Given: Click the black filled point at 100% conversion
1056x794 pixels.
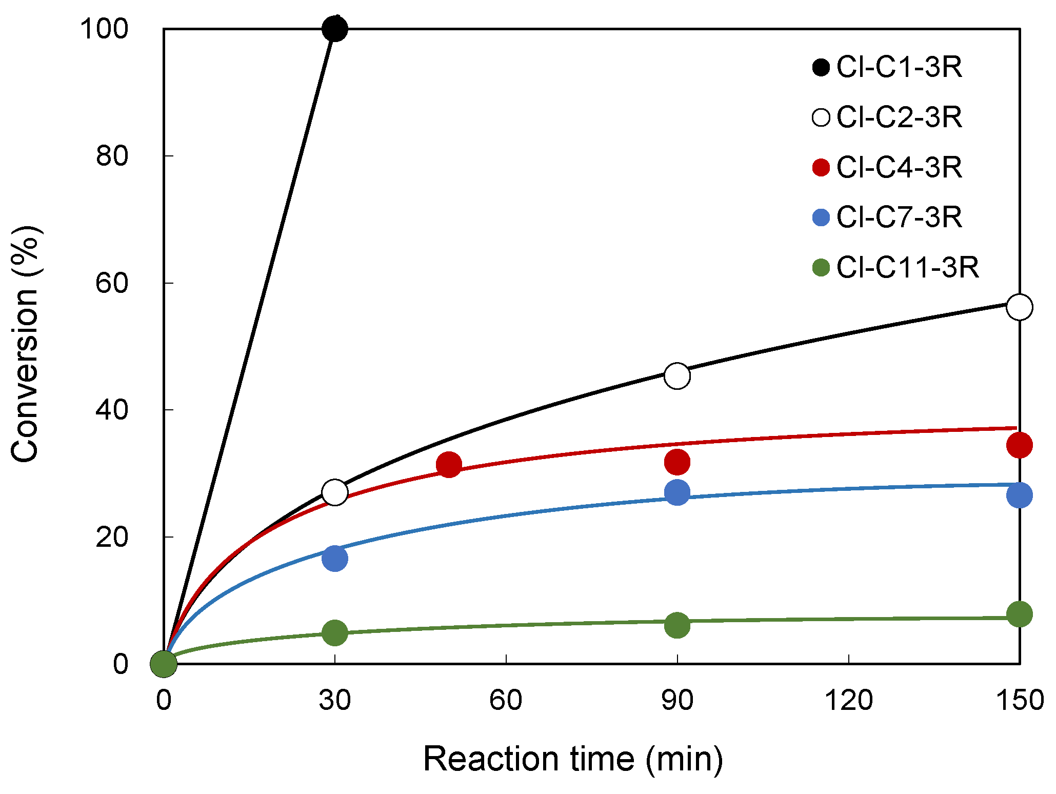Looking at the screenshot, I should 335,29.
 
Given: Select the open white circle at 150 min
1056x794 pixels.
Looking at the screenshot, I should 1019,307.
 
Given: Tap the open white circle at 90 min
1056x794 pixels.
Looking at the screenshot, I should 677,376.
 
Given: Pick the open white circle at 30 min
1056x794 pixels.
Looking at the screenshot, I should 335,492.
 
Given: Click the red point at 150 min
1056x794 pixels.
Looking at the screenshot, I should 1019,445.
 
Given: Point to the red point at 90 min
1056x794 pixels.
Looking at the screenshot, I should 677,462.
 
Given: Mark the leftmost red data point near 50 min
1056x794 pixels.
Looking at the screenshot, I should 449,465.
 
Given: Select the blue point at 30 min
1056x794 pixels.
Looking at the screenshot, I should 335,558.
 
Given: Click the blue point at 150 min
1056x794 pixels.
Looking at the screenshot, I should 1019,495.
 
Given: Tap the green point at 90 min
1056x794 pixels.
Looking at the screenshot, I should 677,625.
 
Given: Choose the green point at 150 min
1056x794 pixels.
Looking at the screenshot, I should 1019,614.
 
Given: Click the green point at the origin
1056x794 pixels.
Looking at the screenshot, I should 164,663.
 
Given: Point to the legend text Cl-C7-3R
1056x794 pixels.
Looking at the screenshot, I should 899,217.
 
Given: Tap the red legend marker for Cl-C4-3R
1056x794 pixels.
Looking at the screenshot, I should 821,168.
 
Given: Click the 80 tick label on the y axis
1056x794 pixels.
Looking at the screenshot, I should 111,155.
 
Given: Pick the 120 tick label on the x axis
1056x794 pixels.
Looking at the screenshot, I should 848,700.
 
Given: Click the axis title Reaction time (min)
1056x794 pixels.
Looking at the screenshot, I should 573,759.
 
